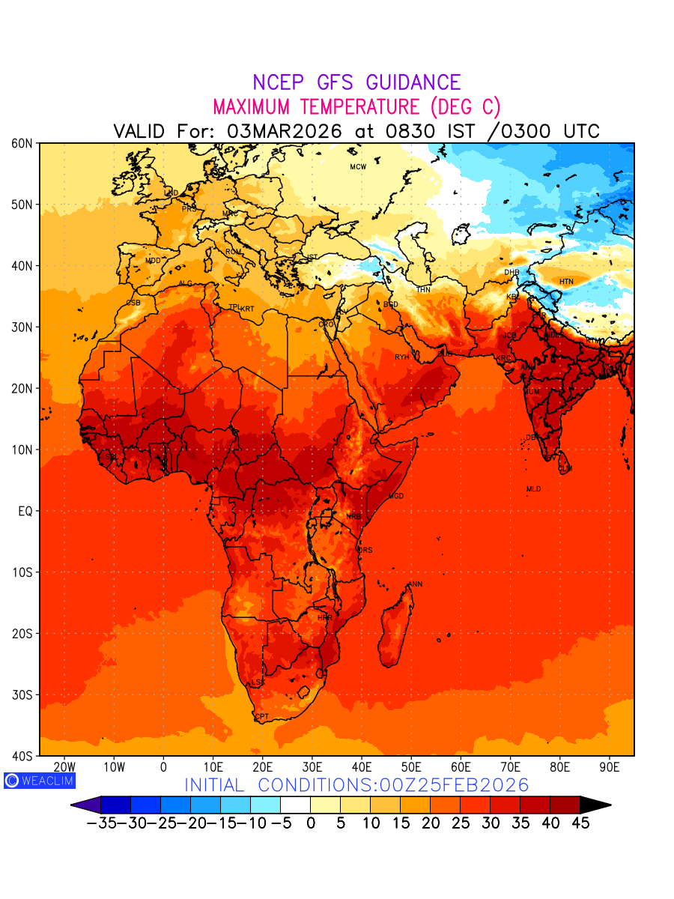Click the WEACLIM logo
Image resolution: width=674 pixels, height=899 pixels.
(39, 781)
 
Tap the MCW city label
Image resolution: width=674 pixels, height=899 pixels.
(358, 167)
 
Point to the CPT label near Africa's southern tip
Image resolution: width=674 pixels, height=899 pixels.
(262, 717)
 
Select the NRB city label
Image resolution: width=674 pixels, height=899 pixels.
(353, 517)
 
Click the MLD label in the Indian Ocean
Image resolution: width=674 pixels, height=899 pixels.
(533, 489)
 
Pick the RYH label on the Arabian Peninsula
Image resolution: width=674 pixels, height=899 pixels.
(402, 357)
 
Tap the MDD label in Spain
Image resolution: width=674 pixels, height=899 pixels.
(153, 261)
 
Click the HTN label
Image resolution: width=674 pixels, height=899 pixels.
(567, 282)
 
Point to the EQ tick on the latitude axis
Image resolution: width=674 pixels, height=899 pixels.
(25, 512)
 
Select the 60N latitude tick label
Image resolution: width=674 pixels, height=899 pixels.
(21, 143)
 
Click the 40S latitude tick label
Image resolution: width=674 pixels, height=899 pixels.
(21, 756)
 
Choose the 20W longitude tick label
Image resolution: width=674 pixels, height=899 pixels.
(65, 767)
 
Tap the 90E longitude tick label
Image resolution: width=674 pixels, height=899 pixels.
(610, 767)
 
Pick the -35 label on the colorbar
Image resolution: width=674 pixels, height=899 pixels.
(100, 823)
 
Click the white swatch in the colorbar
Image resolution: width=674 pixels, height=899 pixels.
(295, 805)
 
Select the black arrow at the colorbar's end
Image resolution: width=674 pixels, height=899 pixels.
(595, 805)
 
